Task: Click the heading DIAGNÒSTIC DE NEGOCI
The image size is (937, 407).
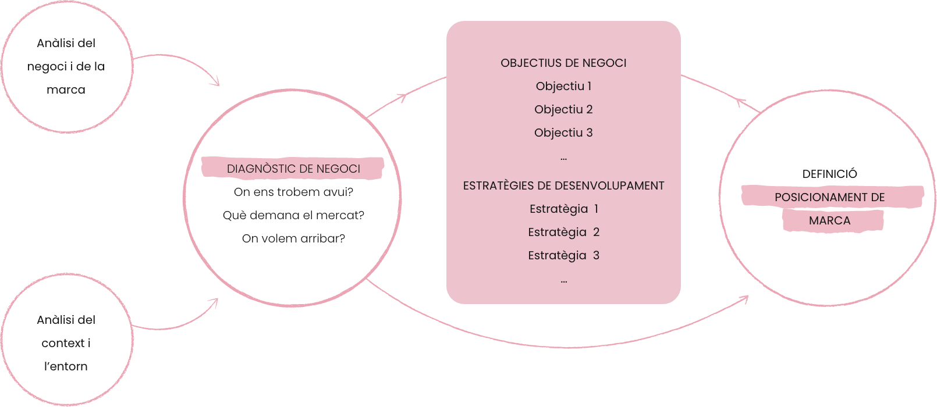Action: (x=293, y=169)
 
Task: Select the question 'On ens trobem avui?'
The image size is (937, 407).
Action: (x=293, y=192)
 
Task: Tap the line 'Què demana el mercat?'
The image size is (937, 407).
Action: (x=293, y=216)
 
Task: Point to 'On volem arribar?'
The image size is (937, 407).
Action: (x=293, y=238)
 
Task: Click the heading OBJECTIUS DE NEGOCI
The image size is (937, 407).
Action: (x=563, y=63)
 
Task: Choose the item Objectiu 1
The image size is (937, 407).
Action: (x=563, y=87)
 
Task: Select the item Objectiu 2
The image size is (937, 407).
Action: (x=563, y=109)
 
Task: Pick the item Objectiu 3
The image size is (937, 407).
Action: (x=563, y=133)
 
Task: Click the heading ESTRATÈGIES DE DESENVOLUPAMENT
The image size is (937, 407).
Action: (x=563, y=185)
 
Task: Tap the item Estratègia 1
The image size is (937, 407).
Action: (x=563, y=209)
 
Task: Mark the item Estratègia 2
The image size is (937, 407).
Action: (x=563, y=233)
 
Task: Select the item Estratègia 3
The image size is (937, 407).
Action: (x=563, y=256)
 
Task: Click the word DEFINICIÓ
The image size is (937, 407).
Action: (x=829, y=174)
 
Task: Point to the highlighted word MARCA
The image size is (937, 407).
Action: (x=829, y=220)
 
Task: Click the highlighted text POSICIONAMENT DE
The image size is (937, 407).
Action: (x=829, y=197)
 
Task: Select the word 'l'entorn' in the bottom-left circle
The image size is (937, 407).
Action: (x=66, y=366)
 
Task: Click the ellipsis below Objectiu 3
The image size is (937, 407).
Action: (x=563, y=159)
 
